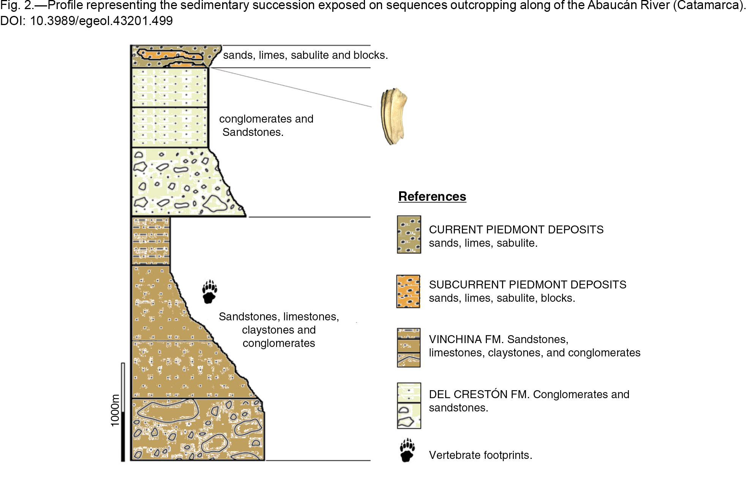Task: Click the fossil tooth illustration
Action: pos(394,117)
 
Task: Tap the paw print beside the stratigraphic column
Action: pos(209,292)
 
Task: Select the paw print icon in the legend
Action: pos(407,450)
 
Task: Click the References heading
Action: pos(432,196)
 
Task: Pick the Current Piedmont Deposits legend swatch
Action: pos(409,235)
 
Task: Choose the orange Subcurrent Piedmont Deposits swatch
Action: pos(408,291)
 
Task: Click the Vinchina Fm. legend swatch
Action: pos(409,348)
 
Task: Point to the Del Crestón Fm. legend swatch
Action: pos(409,406)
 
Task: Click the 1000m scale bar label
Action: pos(115,410)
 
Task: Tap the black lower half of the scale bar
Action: pos(123,436)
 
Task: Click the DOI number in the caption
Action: pos(101,21)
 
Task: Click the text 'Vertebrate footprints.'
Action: pos(480,455)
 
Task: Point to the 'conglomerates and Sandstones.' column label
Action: pos(266,125)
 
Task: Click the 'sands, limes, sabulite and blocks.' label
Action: pos(305,55)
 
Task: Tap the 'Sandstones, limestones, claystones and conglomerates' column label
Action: pos(279,330)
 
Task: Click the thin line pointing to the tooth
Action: pos(291,87)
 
